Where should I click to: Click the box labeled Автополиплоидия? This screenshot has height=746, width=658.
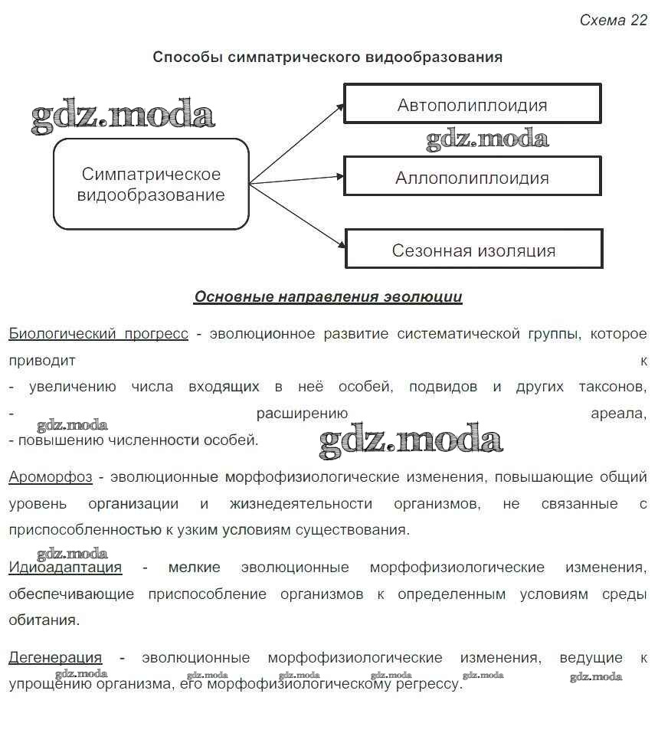[472, 104]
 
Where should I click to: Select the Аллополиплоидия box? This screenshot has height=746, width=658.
[472, 177]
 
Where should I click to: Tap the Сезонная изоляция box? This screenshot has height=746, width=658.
[473, 249]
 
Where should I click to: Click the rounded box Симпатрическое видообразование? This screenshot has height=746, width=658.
[151, 184]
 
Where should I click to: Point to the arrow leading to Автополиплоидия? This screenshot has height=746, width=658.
[297, 143]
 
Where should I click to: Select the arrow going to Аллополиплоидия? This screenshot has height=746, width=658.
[297, 179]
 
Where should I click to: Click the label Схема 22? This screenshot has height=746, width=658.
[613, 21]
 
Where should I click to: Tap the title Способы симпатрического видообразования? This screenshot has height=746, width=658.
[327, 57]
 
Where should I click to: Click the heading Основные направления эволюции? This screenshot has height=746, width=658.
[328, 297]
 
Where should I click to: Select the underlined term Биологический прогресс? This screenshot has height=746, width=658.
[98, 334]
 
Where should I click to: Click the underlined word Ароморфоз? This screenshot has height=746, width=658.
[51, 477]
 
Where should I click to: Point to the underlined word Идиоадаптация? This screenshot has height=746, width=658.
[65, 568]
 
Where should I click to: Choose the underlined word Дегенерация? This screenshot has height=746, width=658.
[55, 657]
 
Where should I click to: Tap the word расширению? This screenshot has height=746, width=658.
[303, 414]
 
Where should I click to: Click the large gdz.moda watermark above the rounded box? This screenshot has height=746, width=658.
[123, 116]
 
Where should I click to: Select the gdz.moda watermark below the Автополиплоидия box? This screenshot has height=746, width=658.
[487, 139]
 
